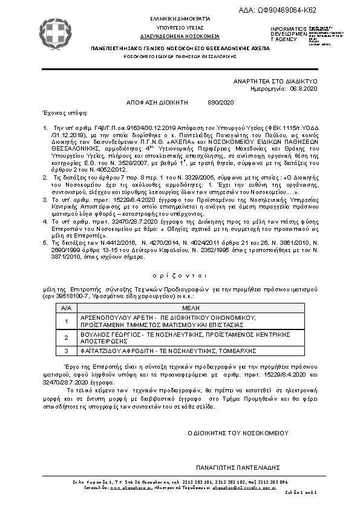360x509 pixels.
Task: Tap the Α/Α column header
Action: point(66,307)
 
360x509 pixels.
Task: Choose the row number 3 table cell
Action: point(66,351)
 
